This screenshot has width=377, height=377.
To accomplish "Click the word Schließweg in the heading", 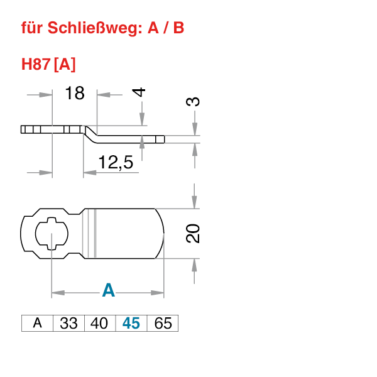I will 87,28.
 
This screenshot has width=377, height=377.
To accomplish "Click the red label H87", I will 36,65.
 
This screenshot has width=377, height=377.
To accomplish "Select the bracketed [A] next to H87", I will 65,65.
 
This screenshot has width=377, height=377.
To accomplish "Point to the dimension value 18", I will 74,94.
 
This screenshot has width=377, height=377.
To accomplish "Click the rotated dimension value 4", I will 139,92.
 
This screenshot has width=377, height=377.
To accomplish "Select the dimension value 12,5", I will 116,163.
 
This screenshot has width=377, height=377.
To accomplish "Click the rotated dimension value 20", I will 194,233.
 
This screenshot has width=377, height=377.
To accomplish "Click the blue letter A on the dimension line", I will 109,290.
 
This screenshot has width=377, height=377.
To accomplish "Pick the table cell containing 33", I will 68,324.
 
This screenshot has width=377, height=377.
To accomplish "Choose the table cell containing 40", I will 99,324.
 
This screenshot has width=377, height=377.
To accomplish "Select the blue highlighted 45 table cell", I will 131,324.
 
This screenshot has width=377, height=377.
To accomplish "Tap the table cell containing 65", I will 163,324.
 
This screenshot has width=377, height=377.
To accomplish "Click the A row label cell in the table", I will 38,324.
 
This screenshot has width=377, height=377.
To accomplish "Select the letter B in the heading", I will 178,28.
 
